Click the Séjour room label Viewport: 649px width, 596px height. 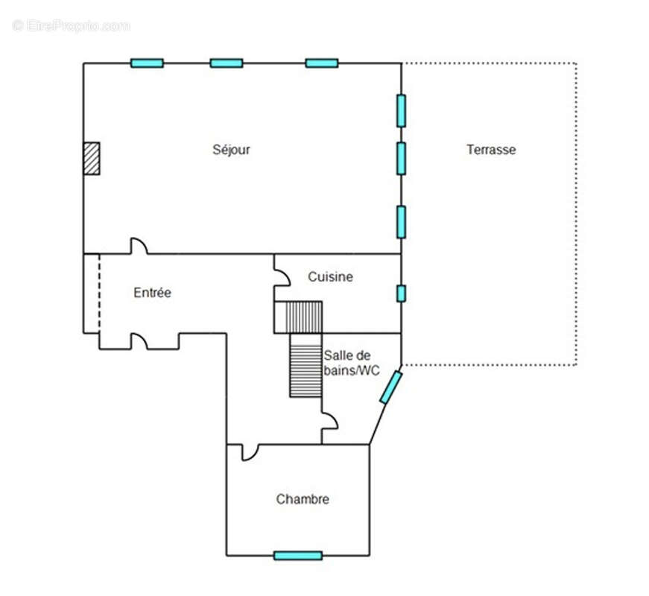pyautogui.click(x=231, y=150)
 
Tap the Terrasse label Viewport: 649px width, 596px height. pyautogui.click(x=491, y=150)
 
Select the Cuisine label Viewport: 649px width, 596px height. pyautogui.click(x=330, y=276)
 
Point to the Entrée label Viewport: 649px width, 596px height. pyautogui.click(x=152, y=293)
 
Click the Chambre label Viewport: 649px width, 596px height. pyautogui.click(x=303, y=498)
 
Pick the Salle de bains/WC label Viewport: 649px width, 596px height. pyautogui.click(x=352, y=363)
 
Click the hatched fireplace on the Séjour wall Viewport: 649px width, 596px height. pyautogui.click(x=92, y=159)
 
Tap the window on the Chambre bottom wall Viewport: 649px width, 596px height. pyautogui.click(x=298, y=556)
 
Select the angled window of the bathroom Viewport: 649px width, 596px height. pyautogui.click(x=391, y=387)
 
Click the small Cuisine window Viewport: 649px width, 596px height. pyautogui.click(x=401, y=294)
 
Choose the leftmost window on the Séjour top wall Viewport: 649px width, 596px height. pyautogui.click(x=147, y=63)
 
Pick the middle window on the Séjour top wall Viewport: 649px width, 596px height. pyautogui.click(x=227, y=63)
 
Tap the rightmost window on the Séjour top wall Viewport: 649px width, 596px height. pyautogui.click(x=322, y=63)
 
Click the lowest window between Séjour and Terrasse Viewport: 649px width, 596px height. pyautogui.click(x=401, y=222)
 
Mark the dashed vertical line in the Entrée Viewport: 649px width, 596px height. pyautogui.click(x=99, y=294)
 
